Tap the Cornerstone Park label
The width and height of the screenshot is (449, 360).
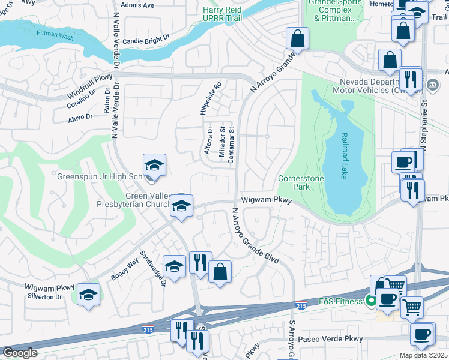tap(301, 183)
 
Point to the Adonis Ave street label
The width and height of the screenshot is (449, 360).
tap(137, 5)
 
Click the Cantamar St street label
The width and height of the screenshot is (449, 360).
tap(231, 145)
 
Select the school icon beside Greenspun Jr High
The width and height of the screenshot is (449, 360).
tap(154, 166)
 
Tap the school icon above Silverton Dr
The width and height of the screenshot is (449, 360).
tap(88, 295)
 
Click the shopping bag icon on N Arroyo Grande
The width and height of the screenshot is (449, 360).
tap(297, 39)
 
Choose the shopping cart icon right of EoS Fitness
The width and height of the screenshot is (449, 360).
tap(412, 307)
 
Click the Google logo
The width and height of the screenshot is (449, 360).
tap(20, 353)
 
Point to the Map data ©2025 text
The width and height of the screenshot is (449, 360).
tap(423, 355)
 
